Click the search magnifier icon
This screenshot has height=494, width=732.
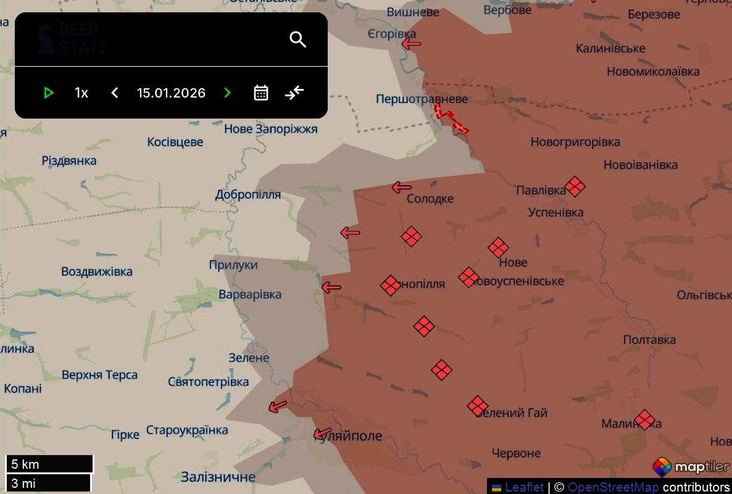pyautogui.click(x=298, y=40)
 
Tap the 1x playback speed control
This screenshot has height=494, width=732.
pyautogui.click(x=81, y=93)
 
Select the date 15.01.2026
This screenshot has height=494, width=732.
pyautogui.click(x=171, y=93)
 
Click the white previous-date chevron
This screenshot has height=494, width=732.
pyautogui.click(x=115, y=93)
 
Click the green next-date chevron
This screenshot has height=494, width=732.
pyautogui.click(x=227, y=93)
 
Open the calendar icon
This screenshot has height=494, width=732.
pyautogui.click(x=261, y=93)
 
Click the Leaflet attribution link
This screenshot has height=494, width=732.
pyautogui.click(x=524, y=487)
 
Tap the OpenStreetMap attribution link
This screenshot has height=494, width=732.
pyautogui.click(x=613, y=487)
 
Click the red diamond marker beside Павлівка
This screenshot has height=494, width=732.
pyautogui.click(x=575, y=186)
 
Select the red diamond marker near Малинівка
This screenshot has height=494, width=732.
pyautogui.click(x=644, y=420)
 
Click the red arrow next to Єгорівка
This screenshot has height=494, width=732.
pyautogui.click(x=411, y=44)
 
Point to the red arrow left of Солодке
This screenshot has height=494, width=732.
pyautogui.click(x=402, y=187)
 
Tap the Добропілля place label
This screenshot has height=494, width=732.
pyautogui.click(x=247, y=195)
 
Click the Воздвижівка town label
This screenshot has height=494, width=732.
pyautogui.click(x=97, y=272)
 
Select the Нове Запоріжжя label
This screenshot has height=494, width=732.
pyautogui.click(x=270, y=129)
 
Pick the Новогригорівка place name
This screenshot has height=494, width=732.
pyautogui.click(x=575, y=142)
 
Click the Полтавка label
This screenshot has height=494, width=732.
pyautogui.click(x=649, y=340)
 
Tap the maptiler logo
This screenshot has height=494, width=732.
pyautogui.click(x=691, y=467)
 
